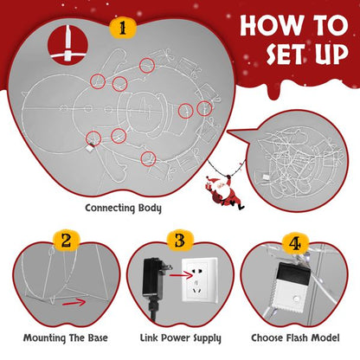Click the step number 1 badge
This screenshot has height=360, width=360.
(x=123, y=28)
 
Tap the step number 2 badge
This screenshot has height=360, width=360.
(x=66, y=241)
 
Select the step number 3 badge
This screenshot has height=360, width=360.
(x=180, y=241)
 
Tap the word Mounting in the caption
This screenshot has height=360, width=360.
(x=44, y=337)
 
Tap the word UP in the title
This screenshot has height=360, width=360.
(x=332, y=54)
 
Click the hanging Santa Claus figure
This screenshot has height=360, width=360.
(x=224, y=192)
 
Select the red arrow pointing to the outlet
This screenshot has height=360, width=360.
(x=181, y=276)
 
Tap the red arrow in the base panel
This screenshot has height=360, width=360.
(x=74, y=303)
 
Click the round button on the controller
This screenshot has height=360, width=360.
(x=295, y=299)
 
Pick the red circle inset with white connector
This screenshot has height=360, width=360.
(x=67, y=44)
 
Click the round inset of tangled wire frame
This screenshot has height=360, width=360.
(x=297, y=161)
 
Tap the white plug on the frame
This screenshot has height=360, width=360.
(x=90, y=148)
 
